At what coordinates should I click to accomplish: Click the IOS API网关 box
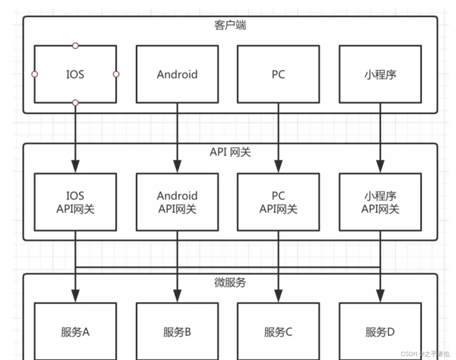pos(75,202)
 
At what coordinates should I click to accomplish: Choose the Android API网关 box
pos(177,202)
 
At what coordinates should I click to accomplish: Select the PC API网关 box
pos(278,202)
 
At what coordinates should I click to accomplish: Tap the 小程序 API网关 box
pos(380,202)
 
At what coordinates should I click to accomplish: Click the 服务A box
pos(75,331)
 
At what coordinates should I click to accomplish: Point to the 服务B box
pos(177,331)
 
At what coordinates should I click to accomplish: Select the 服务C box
pos(278,331)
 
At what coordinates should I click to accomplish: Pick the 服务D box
pos(380,331)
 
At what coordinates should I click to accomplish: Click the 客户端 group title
pos(230,25)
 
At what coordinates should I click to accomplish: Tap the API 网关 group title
pos(230,152)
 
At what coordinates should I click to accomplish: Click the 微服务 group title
pos(230,282)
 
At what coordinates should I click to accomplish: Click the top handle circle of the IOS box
pos(75,45)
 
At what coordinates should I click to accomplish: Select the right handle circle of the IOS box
pos(116,74)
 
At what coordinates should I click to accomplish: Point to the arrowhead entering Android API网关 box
pos(177,166)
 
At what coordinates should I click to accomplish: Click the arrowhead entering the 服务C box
pos(278,296)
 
